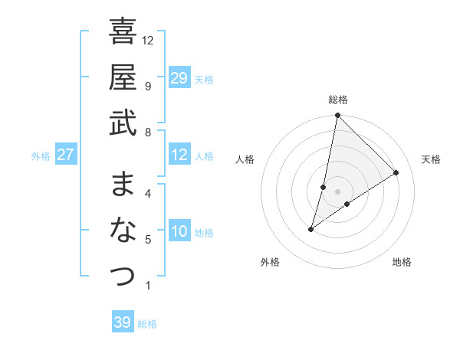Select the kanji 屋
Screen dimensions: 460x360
pos(123,77)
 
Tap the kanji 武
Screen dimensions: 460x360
pos(123,122)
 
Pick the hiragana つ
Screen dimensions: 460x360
pos(123,276)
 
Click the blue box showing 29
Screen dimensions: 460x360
pos(179,78)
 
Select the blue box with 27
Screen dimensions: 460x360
pos(66,155)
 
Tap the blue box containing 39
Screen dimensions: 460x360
pos(123,322)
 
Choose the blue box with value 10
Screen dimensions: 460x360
pos(179,231)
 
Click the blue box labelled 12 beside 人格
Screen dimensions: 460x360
pos(179,155)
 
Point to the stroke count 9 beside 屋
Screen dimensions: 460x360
pos(147,86)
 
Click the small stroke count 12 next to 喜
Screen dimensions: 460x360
pos(149,40)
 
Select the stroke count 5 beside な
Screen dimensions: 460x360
pos(147,240)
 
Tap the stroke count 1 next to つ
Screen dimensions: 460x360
pos(147,286)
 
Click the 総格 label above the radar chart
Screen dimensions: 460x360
pos(338,100)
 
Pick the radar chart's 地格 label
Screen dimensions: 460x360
pos(402,262)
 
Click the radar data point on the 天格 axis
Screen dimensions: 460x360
pos(396,172)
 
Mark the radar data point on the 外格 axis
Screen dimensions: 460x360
pos(310,229)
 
